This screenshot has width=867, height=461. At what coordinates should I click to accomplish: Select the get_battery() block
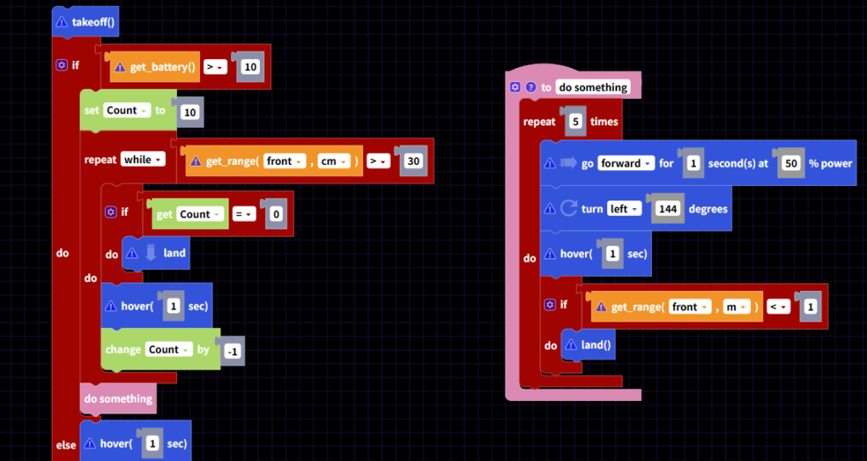coord(160,67)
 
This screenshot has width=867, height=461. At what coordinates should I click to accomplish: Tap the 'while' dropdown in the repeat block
coord(142,159)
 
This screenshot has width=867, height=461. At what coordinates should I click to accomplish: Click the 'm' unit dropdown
coord(734,307)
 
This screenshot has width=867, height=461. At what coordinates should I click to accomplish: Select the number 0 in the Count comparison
coord(274,214)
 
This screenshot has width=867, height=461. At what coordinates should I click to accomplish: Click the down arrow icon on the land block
coord(152,252)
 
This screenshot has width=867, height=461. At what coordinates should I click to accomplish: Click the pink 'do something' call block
coord(119,398)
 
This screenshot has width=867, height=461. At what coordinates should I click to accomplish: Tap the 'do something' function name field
coord(593,87)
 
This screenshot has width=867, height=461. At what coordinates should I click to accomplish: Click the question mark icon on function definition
coord(531,87)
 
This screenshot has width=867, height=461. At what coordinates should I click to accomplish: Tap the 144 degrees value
coord(668,209)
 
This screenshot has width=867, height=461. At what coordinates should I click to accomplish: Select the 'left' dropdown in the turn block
coord(624,209)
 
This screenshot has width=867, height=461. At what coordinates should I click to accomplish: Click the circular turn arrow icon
coord(569,208)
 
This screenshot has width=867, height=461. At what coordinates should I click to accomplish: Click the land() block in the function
coord(594,345)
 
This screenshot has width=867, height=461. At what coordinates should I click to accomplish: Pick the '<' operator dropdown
coord(777,307)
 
